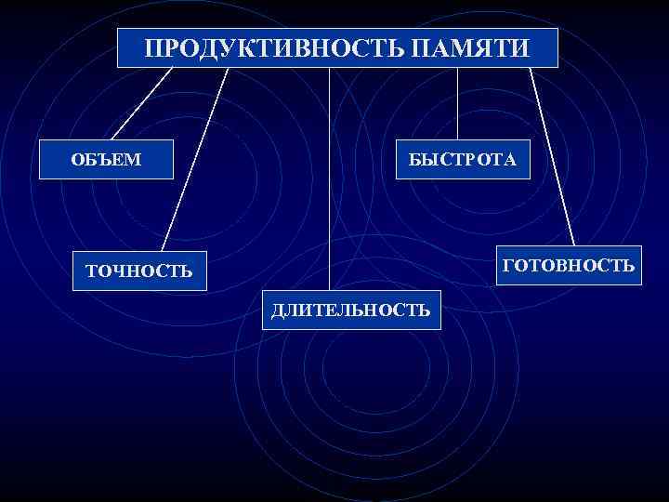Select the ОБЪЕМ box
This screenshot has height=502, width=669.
pyautogui.click(x=107, y=160)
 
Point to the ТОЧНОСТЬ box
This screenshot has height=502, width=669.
pyautogui.click(x=138, y=271)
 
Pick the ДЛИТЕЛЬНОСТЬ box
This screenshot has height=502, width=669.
pyautogui.click(x=351, y=310)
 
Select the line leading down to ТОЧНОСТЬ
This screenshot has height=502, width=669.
pyautogui.click(x=195, y=158)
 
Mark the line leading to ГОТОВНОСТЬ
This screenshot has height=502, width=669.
pyautogui.click(x=552, y=153)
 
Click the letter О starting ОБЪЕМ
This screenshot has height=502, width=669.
pyautogui.click(x=78, y=160)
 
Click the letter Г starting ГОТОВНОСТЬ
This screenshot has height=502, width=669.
pyautogui.click(x=506, y=266)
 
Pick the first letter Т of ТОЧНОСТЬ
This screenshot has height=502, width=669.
pyautogui.click(x=90, y=271)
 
